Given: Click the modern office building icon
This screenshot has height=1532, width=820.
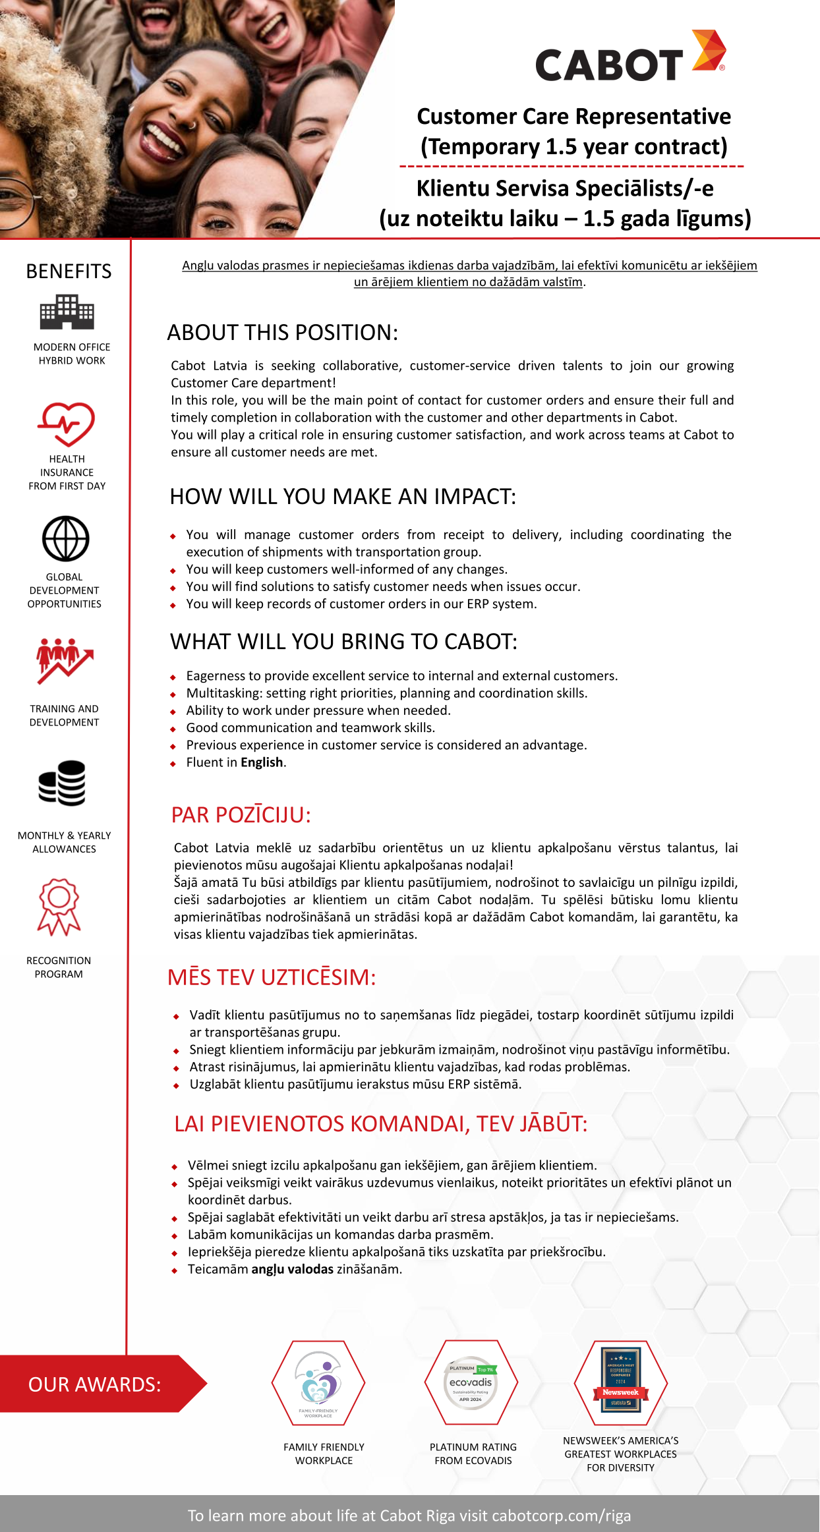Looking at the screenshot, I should pyautogui.click(x=67, y=312).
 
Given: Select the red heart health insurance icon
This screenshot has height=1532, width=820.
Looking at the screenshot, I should pyautogui.click(x=66, y=424).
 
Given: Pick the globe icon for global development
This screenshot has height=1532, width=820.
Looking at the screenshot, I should pyautogui.click(x=66, y=538).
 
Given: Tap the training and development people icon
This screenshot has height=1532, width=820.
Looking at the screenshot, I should pyautogui.click(x=64, y=660).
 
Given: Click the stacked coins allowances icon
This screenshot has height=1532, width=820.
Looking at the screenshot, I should pyautogui.click(x=63, y=783).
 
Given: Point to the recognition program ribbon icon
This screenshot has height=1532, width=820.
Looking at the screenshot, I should pyautogui.click(x=59, y=907).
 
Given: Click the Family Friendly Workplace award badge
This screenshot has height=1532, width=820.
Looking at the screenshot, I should pyautogui.click(x=318, y=1382).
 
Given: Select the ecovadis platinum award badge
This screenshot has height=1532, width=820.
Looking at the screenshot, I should pyautogui.click(x=471, y=1382).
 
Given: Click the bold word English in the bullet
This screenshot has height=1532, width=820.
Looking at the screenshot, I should pyautogui.click(x=262, y=762).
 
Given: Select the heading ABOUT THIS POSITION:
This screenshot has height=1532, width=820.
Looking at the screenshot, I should pyautogui.click(x=282, y=333).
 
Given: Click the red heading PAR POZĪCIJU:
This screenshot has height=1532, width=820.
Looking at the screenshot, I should pyautogui.click(x=241, y=815).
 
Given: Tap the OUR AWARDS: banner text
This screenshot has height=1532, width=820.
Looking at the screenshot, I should pyautogui.click(x=94, y=1384).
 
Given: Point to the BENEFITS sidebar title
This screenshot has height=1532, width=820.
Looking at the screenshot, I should pyautogui.click(x=69, y=271).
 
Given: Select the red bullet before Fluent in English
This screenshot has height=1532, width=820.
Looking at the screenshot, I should pyautogui.click(x=173, y=764).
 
